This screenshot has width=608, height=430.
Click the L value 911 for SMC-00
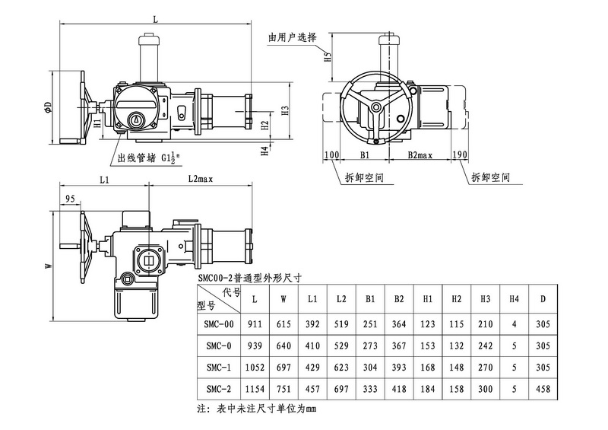point(254,324)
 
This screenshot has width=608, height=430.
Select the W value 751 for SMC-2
point(283,390)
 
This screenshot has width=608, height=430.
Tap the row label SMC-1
point(219,368)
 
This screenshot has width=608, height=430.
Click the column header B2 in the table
point(399,300)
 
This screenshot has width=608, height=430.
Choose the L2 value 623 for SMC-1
point(341,368)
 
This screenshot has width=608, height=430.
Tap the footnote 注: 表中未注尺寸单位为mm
point(255,409)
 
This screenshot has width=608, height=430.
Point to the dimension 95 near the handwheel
point(70,199)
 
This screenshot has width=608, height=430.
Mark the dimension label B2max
point(419,155)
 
